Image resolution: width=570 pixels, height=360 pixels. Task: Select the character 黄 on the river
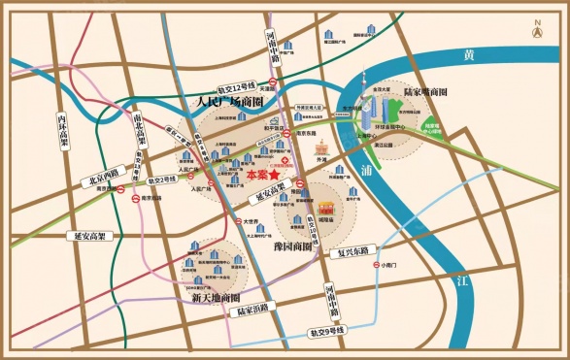pyautogui.click(x=472, y=56)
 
